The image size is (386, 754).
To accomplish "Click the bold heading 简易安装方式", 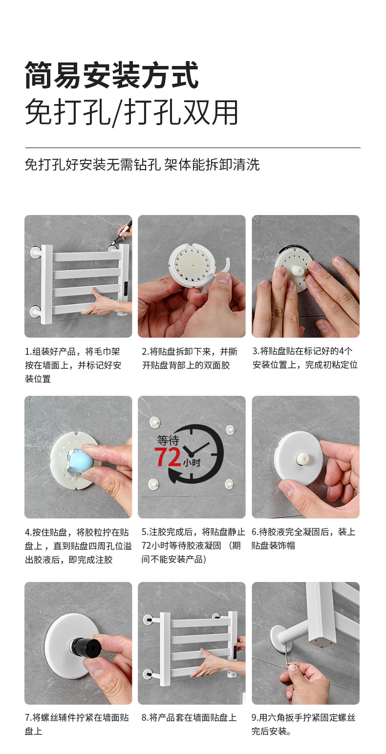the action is [111, 75].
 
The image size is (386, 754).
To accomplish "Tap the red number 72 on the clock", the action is [168, 457].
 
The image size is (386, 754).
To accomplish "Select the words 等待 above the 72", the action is [168, 440].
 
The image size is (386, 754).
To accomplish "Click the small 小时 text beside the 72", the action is [192, 462].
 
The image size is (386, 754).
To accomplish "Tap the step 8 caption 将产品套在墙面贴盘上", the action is [193, 717].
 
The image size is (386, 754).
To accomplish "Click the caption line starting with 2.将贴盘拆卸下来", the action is [190, 351].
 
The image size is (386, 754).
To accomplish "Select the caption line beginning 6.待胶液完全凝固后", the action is [303, 532].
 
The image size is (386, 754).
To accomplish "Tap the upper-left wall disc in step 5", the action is [154, 422].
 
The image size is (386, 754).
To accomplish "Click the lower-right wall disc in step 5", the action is [229, 484].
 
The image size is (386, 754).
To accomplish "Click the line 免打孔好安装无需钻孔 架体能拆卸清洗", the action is [142, 165].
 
